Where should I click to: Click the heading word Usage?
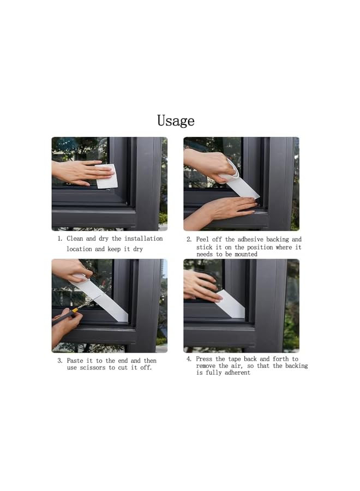[176, 120]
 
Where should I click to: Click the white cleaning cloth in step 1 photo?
[107, 177]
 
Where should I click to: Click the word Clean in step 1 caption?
[76, 239]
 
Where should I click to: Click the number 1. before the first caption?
[60, 239]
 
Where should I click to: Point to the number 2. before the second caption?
[189, 239]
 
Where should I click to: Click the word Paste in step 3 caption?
[76, 361]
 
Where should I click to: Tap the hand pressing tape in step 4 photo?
[201, 286]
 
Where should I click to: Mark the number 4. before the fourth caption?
[189, 359]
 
